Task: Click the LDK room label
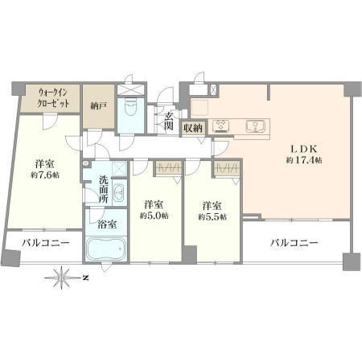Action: pyautogui.click(x=304, y=149)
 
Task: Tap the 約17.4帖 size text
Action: pyautogui.click(x=304, y=160)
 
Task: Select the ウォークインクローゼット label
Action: pyautogui.click(x=53, y=98)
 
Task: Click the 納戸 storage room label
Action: pyautogui.click(x=99, y=106)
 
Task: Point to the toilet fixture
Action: pyautogui.click(x=131, y=106)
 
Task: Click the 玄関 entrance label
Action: pyautogui.click(x=168, y=121)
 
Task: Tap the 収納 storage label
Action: pyautogui.click(x=193, y=128)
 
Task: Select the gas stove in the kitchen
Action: pyautogui.click(x=221, y=126)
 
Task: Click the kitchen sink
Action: pyautogui.click(x=255, y=126)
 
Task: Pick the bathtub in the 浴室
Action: pyautogui.click(x=106, y=249)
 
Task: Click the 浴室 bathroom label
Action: pyautogui.click(x=107, y=224)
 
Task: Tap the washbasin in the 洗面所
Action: pyautogui.click(x=118, y=192)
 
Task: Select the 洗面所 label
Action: pyautogui.click(x=104, y=189)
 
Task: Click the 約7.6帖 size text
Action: pyautogui.click(x=45, y=175)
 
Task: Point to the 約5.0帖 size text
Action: pyautogui.click(x=154, y=216)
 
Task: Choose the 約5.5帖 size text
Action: pyautogui.click(x=212, y=216)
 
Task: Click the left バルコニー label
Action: pyautogui.click(x=46, y=243)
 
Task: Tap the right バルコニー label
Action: pyautogui.click(x=294, y=243)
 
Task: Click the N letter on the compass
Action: pyautogui.click(x=85, y=278)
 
